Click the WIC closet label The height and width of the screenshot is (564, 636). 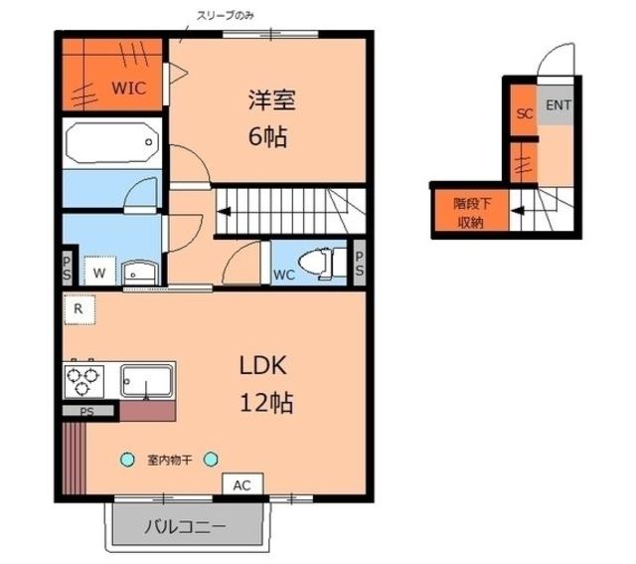(x=128, y=88)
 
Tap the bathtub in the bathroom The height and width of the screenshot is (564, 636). (x=112, y=142)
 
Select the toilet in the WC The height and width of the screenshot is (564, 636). (x=322, y=263)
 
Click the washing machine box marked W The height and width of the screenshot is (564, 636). (x=99, y=271)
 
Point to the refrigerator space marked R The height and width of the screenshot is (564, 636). (x=79, y=309)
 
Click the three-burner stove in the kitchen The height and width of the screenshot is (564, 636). (x=83, y=381)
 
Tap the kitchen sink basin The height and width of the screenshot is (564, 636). (x=147, y=380)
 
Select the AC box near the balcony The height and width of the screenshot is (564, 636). (x=242, y=484)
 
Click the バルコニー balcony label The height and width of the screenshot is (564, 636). (x=185, y=526)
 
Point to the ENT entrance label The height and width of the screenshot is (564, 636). (x=558, y=105)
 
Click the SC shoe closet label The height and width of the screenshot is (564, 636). (x=525, y=113)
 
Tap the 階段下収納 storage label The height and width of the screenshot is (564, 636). (x=472, y=213)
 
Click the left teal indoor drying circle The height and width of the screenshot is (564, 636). (x=127, y=460)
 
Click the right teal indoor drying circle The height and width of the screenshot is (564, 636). (x=211, y=460)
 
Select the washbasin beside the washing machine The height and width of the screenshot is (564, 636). (x=137, y=271)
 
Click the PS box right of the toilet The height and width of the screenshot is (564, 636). (x=360, y=264)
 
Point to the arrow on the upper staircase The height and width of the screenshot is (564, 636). (x=225, y=212)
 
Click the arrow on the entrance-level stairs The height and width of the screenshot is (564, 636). (x=517, y=211)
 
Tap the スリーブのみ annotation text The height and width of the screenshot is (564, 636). (x=226, y=16)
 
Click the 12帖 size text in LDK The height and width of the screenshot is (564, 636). (x=266, y=403)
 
